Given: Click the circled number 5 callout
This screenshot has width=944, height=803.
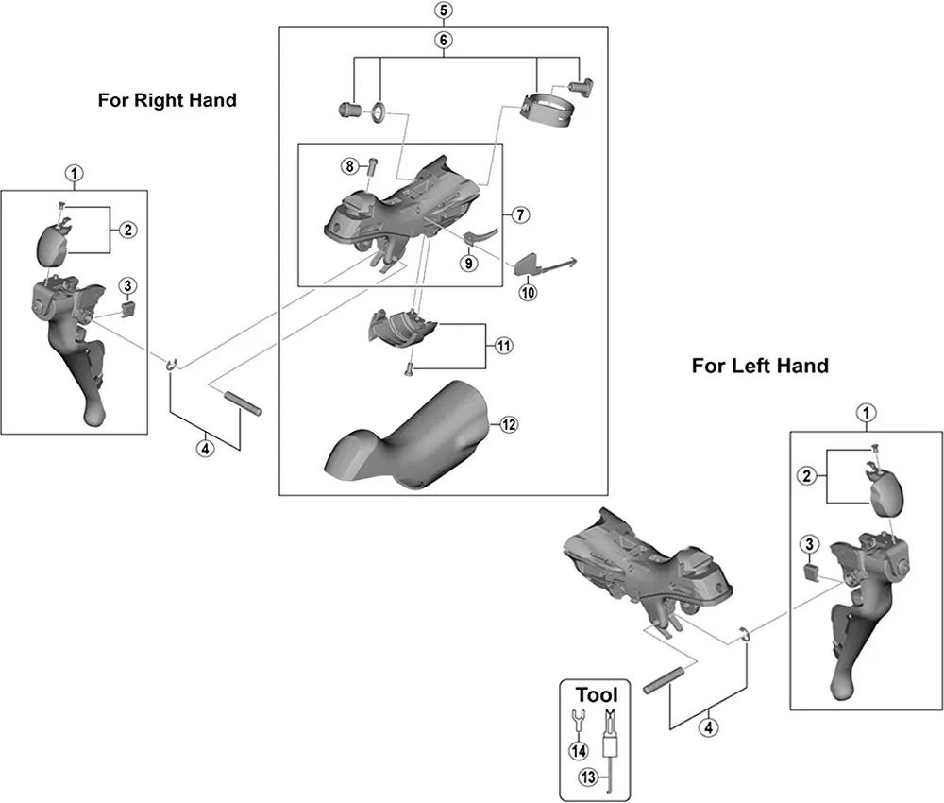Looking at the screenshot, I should (x=444, y=11).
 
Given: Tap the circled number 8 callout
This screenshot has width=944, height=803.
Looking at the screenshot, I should (x=349, y=166).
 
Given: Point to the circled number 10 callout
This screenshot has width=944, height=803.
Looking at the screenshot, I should (x=527, y=292).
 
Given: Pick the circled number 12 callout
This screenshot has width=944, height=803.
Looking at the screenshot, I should (x=509, y=425).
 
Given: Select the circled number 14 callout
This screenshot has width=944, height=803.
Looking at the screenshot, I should (x=577, y=750).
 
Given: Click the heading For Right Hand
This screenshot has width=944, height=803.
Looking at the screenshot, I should (x=167, y=99).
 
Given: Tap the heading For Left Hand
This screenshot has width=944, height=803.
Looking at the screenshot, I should (x=760, y=366).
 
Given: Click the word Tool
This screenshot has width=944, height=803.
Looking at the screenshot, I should (x=596, y=694).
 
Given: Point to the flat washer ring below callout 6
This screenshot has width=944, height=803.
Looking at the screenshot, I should (x=378, y=113).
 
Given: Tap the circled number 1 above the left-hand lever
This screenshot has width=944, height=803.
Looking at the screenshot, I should (x=864, y=413).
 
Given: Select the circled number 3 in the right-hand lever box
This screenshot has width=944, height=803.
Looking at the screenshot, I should (x=128, y=285).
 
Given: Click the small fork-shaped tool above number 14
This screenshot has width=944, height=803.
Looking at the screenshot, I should (x=577, y=723).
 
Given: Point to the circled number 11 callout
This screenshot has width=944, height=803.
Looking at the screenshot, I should (x=503, y=347).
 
